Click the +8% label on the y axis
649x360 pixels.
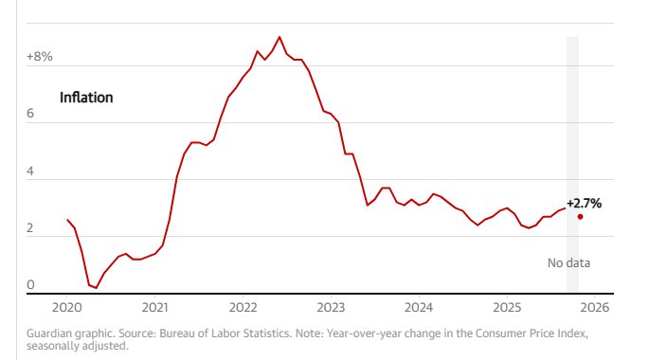pyautogui.click(x=40, y=57)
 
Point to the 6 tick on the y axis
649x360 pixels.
pyautogui.click(x=30, y=114)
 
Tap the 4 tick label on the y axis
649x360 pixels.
pyautogui.click(x=30, y=171)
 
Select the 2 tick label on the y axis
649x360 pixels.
pyautogui.click(x=30, y=228)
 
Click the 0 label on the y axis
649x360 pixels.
pyautogui.click(x=30, y=285)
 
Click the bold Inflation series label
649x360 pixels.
pyautogui.click(x=86, y=98)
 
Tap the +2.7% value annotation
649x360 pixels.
pyautogui.click(x=584, y=203)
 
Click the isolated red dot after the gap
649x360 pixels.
pyautogui.click(x=580, y=216)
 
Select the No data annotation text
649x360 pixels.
pyautogui.click(x=569, y=262)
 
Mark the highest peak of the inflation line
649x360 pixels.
pyautogui.click(x=279, y=37)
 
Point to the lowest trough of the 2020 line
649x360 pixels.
pyautogui.click(x=96, y=288)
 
